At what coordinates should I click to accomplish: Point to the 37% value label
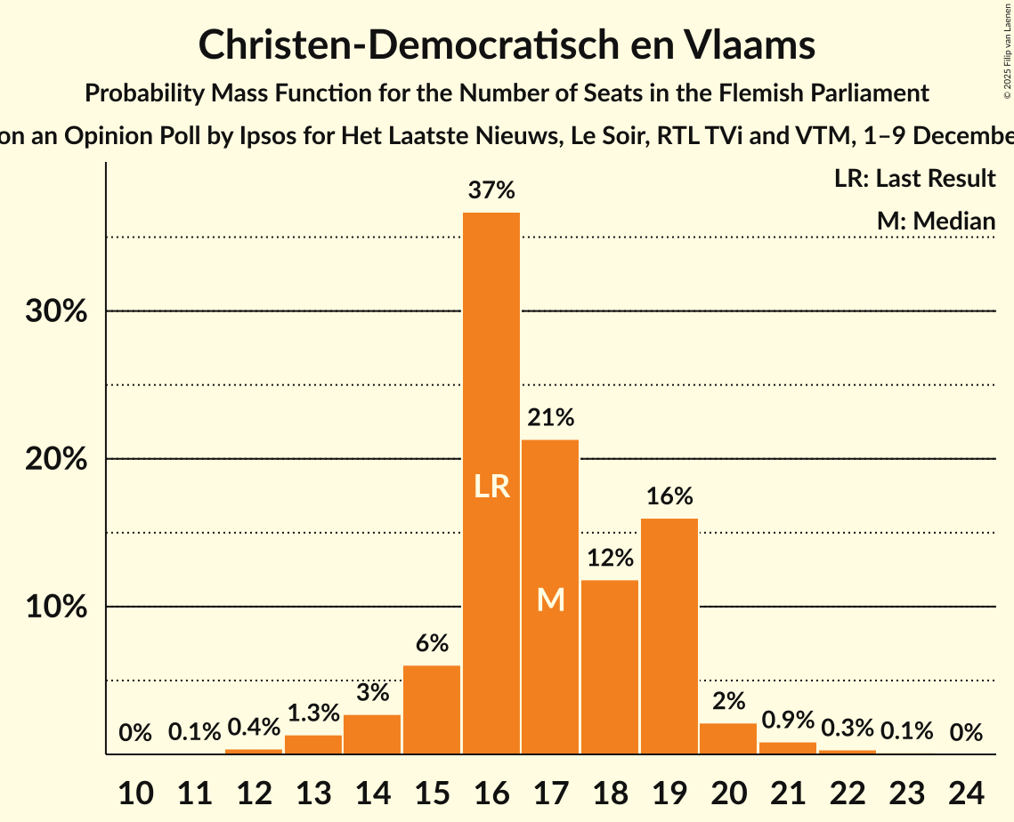point(491,190)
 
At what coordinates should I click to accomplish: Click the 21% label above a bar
point(550,417)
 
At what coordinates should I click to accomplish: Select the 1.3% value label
point(313,713)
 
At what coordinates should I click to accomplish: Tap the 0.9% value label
point(788,720)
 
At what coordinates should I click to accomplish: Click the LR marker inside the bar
point(491,487)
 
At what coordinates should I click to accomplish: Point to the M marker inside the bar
point(551,600)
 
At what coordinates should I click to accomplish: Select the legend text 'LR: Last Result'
point(914,179)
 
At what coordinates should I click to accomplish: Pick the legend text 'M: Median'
point(936,221)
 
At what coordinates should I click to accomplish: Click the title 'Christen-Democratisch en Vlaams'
point(507,44)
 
